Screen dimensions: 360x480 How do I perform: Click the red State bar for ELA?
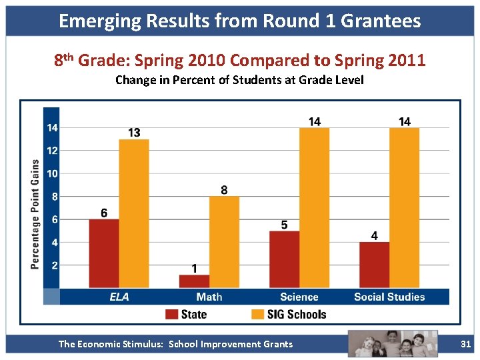104,253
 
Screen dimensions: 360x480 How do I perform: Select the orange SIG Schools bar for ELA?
134,213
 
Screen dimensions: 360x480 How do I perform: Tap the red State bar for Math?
194,281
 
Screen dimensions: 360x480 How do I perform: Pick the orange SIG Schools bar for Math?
224,242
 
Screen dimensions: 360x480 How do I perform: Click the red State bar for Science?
284,259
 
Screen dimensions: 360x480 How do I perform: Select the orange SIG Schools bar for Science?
314,208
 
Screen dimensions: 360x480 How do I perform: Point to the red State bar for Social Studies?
374,265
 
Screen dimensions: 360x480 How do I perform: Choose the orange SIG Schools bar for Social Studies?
404,208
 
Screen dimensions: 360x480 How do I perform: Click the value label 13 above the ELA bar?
134,133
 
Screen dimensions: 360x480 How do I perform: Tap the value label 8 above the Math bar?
224,190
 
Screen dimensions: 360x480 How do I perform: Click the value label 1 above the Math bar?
194,269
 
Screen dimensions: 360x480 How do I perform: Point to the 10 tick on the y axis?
51,174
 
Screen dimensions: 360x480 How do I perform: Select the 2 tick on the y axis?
54,265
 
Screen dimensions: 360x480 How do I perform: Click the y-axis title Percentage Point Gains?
35,214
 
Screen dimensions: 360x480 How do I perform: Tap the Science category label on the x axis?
299,297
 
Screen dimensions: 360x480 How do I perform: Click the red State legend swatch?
172,314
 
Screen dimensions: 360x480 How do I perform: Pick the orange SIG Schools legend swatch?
258,314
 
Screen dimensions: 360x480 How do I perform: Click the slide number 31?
466,344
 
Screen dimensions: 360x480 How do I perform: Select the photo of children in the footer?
393,343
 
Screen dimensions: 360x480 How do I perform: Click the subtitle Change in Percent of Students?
239,81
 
